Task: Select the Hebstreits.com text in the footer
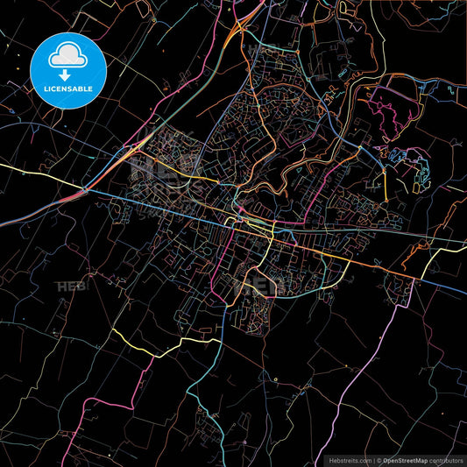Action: coord(349,459)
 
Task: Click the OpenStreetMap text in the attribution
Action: coord(404,459)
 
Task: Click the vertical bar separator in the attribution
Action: coord(372,459)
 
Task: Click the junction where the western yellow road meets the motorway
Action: coord(85,190)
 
